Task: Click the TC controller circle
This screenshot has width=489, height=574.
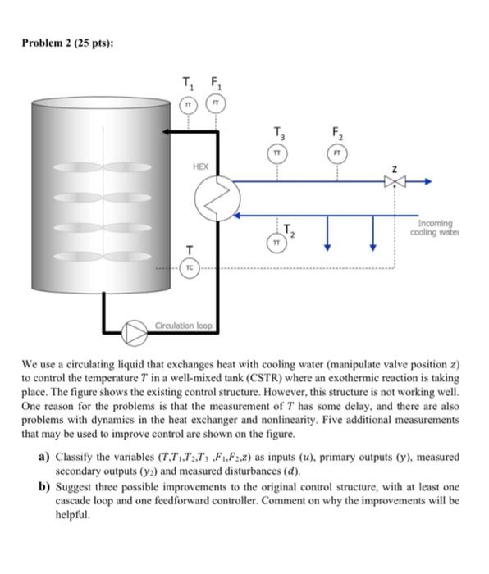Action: (x=190, y=267)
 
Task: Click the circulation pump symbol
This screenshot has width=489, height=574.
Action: (x=134, y=332)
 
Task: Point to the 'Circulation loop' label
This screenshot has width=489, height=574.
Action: (x=184, y=326)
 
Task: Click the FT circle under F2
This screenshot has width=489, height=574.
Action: (x=338, y=152)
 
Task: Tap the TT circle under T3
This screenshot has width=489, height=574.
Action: (x=279, y=152)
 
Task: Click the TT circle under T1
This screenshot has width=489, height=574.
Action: (x=190, y=105)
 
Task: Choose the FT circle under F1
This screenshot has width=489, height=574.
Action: (x=217, y=105)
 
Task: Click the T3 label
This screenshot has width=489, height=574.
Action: (x=280, y=131)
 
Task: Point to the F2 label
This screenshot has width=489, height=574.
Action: (x=338, y=131)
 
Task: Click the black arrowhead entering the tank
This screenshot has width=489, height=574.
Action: (x=167, y=131)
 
